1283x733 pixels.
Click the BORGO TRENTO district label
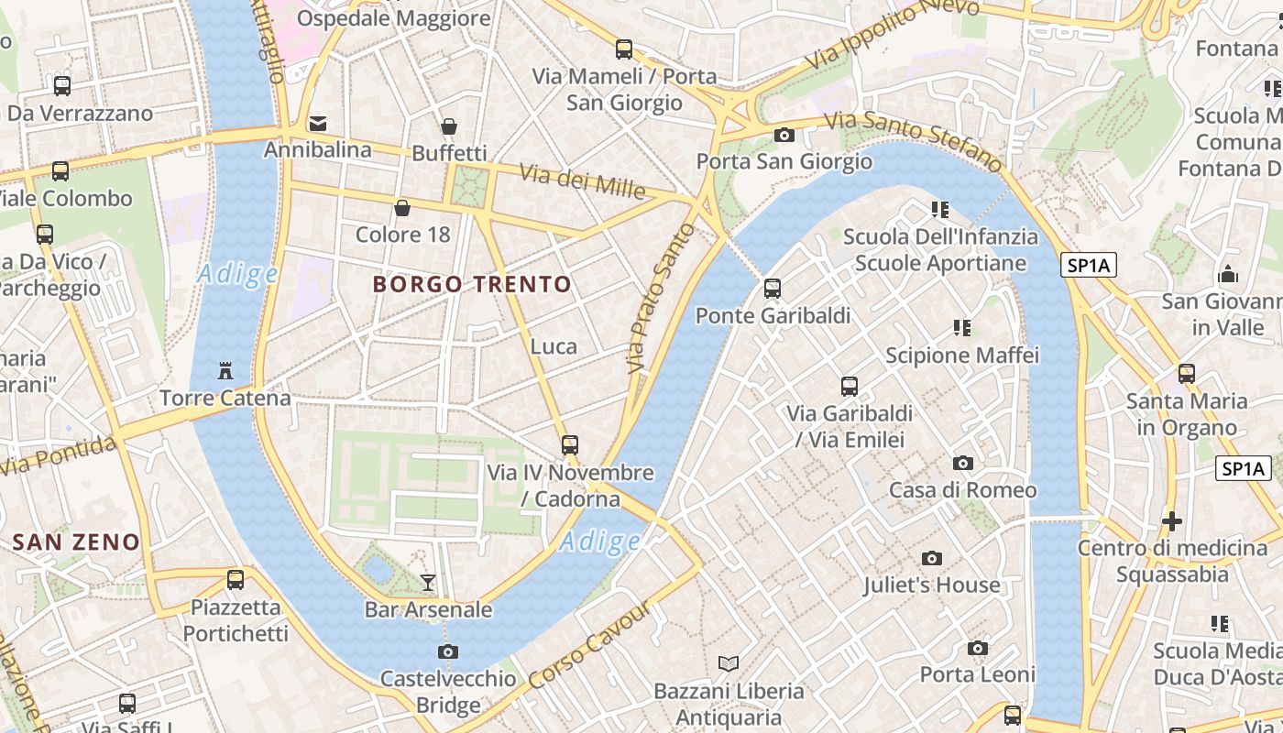point(472,284)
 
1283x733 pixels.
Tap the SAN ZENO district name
point(76,542)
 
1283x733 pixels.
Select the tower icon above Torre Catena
point(225,371)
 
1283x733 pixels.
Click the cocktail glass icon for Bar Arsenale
point(427,582)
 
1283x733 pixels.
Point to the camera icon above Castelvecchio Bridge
point(448,651)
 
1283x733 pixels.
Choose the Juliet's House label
point(931,585)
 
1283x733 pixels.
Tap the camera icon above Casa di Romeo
point(963,463)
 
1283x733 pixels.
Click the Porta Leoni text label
point(977,674)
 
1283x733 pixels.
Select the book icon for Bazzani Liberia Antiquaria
point(729,663)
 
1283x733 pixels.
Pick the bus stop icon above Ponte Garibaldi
point(773,289)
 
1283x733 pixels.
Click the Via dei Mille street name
point(583,181)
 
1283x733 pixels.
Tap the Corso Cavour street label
point(590,645)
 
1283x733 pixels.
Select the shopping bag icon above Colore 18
point(402,208)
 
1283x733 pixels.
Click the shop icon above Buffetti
point(449,126)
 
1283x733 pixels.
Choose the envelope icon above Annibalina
point(318,123)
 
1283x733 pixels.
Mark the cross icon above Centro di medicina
point(1171,521)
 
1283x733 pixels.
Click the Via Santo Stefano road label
point(913,141)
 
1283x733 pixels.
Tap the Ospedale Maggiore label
point(394,18)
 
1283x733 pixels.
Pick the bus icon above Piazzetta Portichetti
point(236,580)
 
